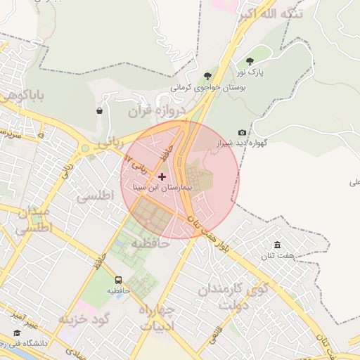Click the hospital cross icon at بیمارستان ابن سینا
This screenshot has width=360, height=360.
[x=162, y=176]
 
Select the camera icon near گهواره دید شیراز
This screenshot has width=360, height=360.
[x=243, y=132]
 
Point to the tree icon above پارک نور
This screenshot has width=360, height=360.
[x=251, y=61]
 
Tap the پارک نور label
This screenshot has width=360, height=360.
[x=250, y=72]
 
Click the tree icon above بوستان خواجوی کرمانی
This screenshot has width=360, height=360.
[x=207, y=76]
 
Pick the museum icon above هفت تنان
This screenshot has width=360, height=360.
[x=278, y=245]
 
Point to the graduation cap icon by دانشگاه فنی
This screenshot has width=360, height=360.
[x=16, y=333]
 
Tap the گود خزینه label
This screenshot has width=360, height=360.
[x=84, y=319]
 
